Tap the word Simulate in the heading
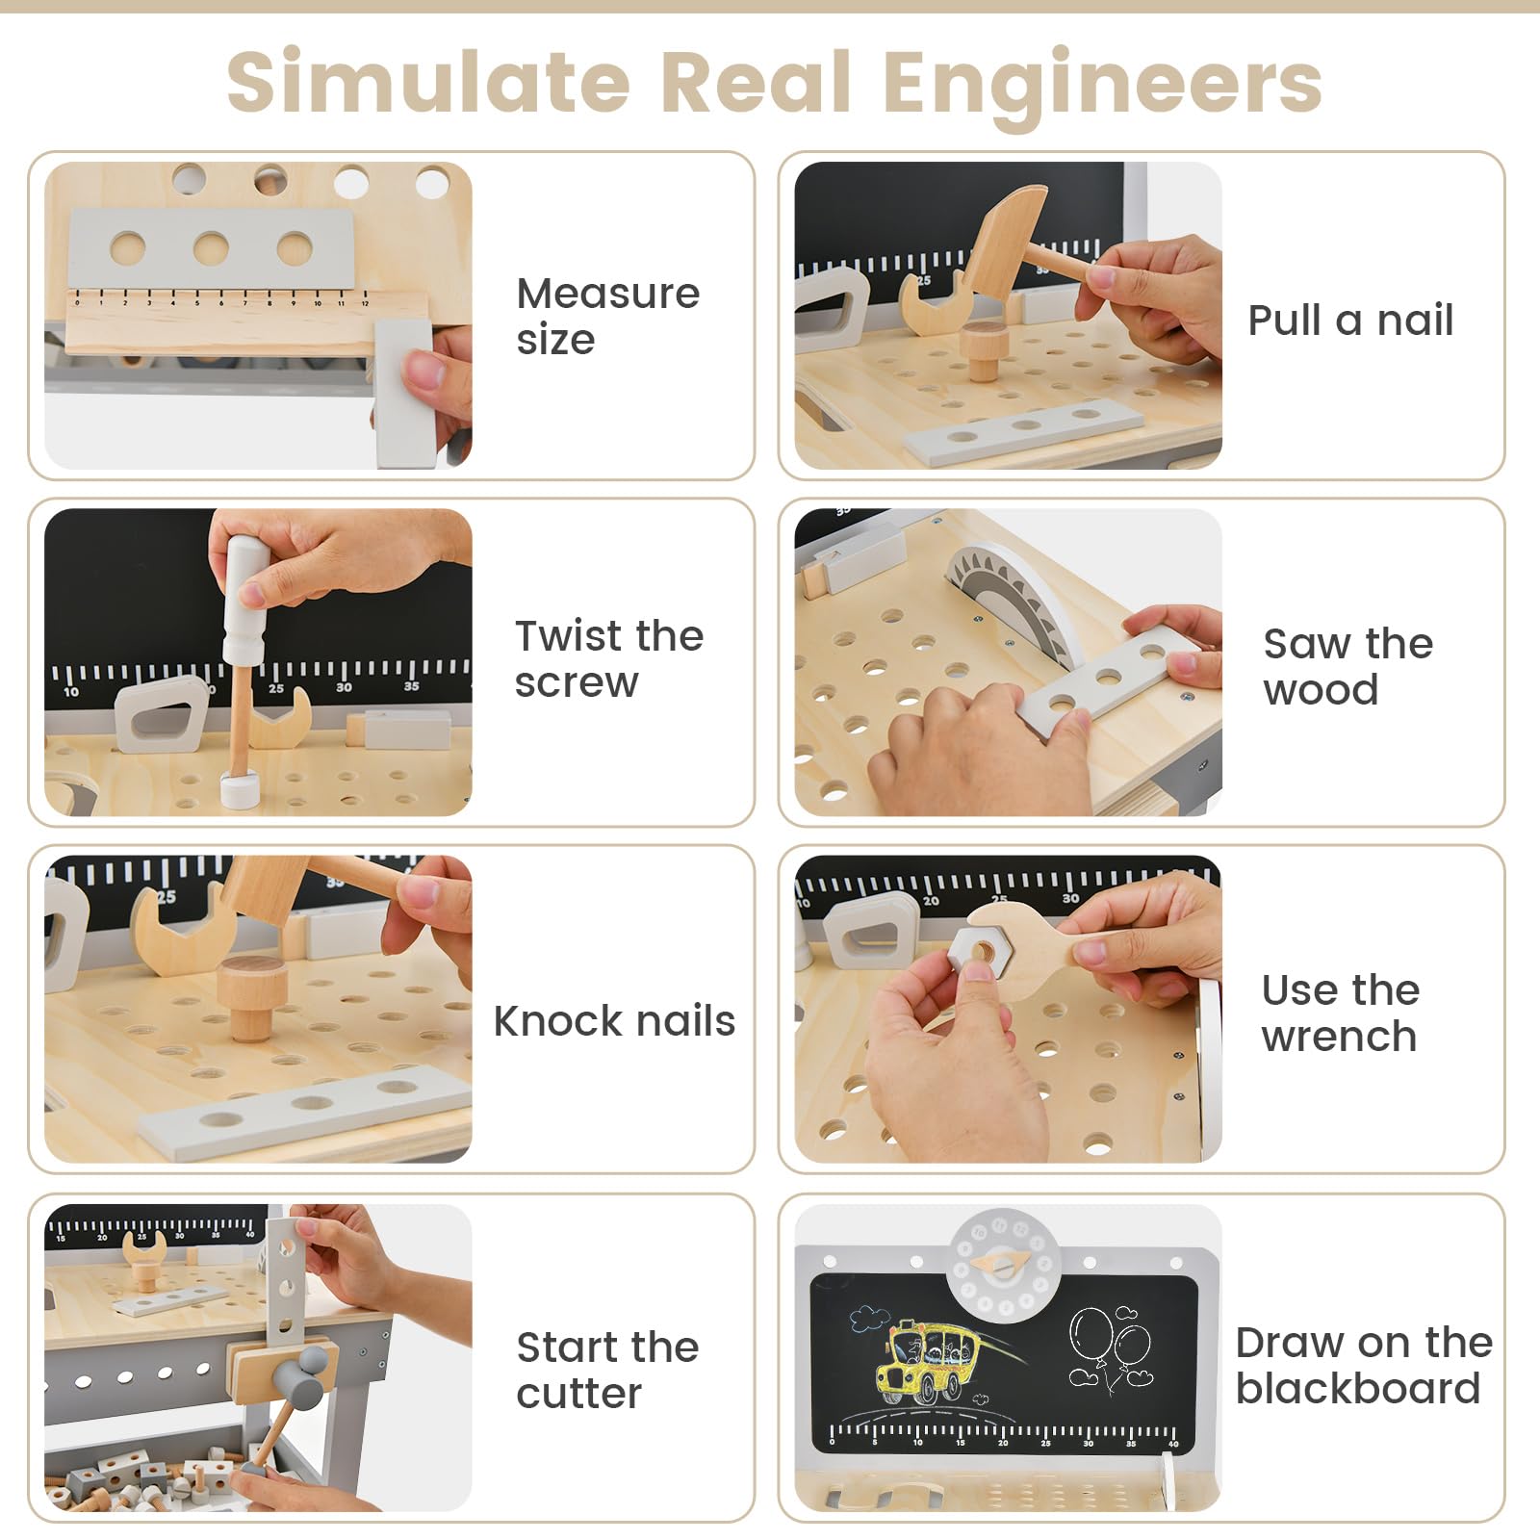click(427, 80)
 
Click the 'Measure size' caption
click(607, 316)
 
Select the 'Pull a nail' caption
click(1350, 321)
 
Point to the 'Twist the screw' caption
click(609, 658)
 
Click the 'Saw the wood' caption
click(1348, 666)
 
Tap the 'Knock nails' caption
click(614, 1020)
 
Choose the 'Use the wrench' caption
click(1341, 1013)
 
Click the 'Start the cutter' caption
click(607, 1370)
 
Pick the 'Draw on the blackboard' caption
click(1364, 1365)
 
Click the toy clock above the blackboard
click(1004, 1266)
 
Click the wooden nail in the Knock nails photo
click(252, 998)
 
